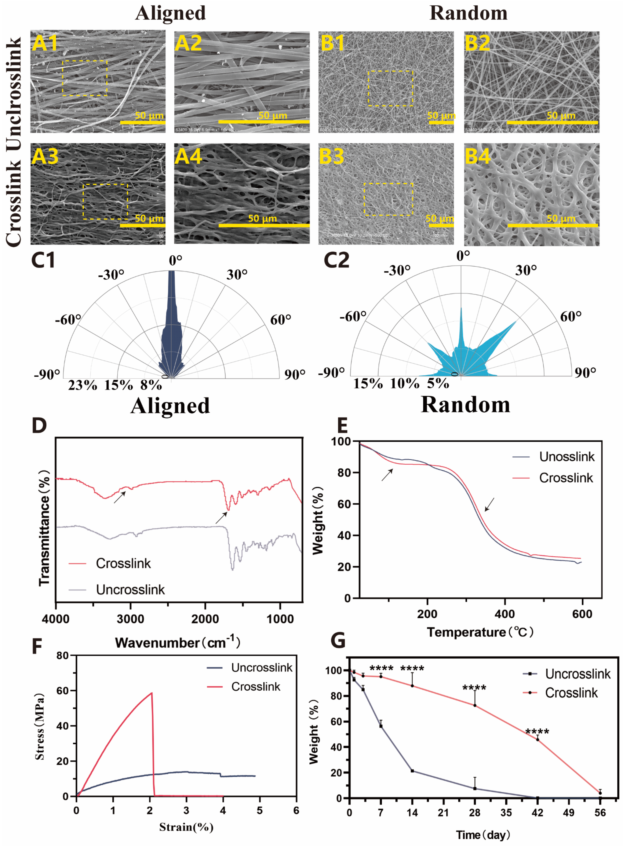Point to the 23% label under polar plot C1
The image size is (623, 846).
(82, 385)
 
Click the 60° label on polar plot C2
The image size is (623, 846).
(570, 316)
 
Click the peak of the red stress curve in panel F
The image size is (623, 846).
(151, 693)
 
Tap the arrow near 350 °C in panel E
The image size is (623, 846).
(489, 504)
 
